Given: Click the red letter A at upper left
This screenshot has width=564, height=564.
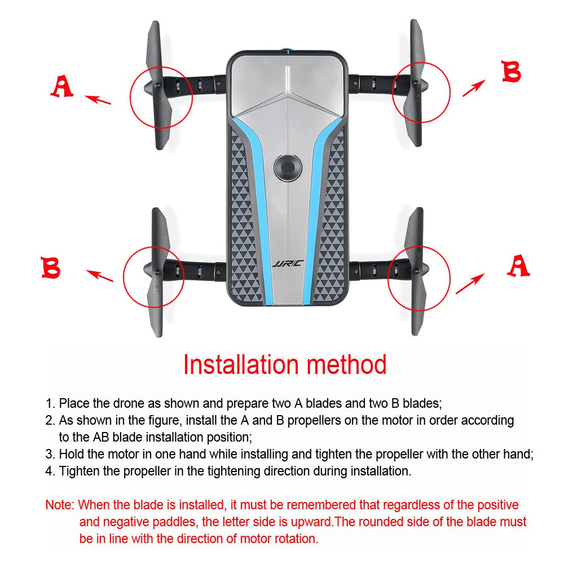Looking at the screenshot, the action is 62,86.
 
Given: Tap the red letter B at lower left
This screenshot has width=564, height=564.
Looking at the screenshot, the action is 51,267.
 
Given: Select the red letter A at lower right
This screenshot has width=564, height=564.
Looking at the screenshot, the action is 519,266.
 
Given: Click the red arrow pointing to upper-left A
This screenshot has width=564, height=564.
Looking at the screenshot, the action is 98,100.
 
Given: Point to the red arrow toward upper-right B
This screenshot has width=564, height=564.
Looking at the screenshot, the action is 474,88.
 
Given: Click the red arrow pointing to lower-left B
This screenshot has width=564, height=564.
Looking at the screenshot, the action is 100,276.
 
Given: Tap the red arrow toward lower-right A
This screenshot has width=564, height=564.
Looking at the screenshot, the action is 470,284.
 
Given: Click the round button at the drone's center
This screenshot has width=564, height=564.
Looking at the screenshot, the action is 288,168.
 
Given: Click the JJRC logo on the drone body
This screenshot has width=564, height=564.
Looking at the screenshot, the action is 288,264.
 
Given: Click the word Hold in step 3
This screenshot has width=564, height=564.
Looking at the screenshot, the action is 71,454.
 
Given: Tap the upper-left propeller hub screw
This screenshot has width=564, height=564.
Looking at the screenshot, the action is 157,86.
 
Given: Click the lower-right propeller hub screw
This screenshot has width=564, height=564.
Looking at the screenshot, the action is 417,270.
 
